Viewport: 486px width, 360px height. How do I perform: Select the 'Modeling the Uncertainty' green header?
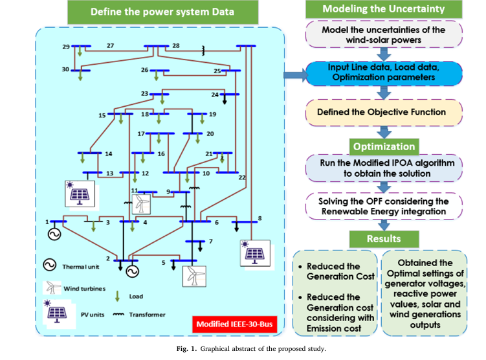tap(383, 9)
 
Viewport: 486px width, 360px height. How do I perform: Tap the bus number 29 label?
tap(66, 47)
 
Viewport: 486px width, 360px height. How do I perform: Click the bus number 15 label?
tap(102, 115)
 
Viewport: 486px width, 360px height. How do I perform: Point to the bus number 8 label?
tap(260, 218)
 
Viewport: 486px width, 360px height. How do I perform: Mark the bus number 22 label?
tap(243, 177)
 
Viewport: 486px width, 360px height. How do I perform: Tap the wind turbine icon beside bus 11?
tap(140, 204)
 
